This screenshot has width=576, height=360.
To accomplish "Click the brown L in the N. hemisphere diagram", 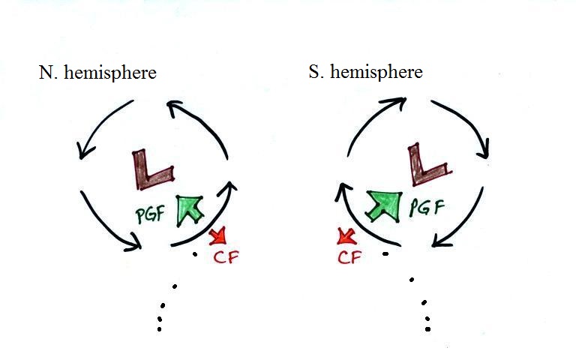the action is (x=145, y=178).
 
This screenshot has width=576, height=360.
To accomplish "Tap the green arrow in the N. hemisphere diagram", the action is (x=189, y=209).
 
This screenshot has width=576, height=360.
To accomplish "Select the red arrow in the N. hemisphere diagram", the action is (x=218, y=236).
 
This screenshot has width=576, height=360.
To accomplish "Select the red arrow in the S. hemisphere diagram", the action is (x=346, y=236).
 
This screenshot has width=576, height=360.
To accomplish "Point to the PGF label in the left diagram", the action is (x=151, y=214).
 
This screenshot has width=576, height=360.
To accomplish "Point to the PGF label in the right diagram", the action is (x=427, y=207).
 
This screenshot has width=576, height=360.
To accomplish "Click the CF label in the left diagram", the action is (x=226, y=257).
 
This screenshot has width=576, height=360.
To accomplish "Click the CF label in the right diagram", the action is (x=349, y=257).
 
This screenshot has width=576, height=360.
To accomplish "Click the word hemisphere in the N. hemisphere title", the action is (x=110, y=73).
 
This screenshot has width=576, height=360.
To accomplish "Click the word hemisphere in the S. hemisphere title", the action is (x=376, y=72).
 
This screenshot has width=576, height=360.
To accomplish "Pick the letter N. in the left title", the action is (x=48, y=73).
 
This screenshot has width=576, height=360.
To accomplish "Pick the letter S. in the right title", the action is (x=316, y=72).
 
